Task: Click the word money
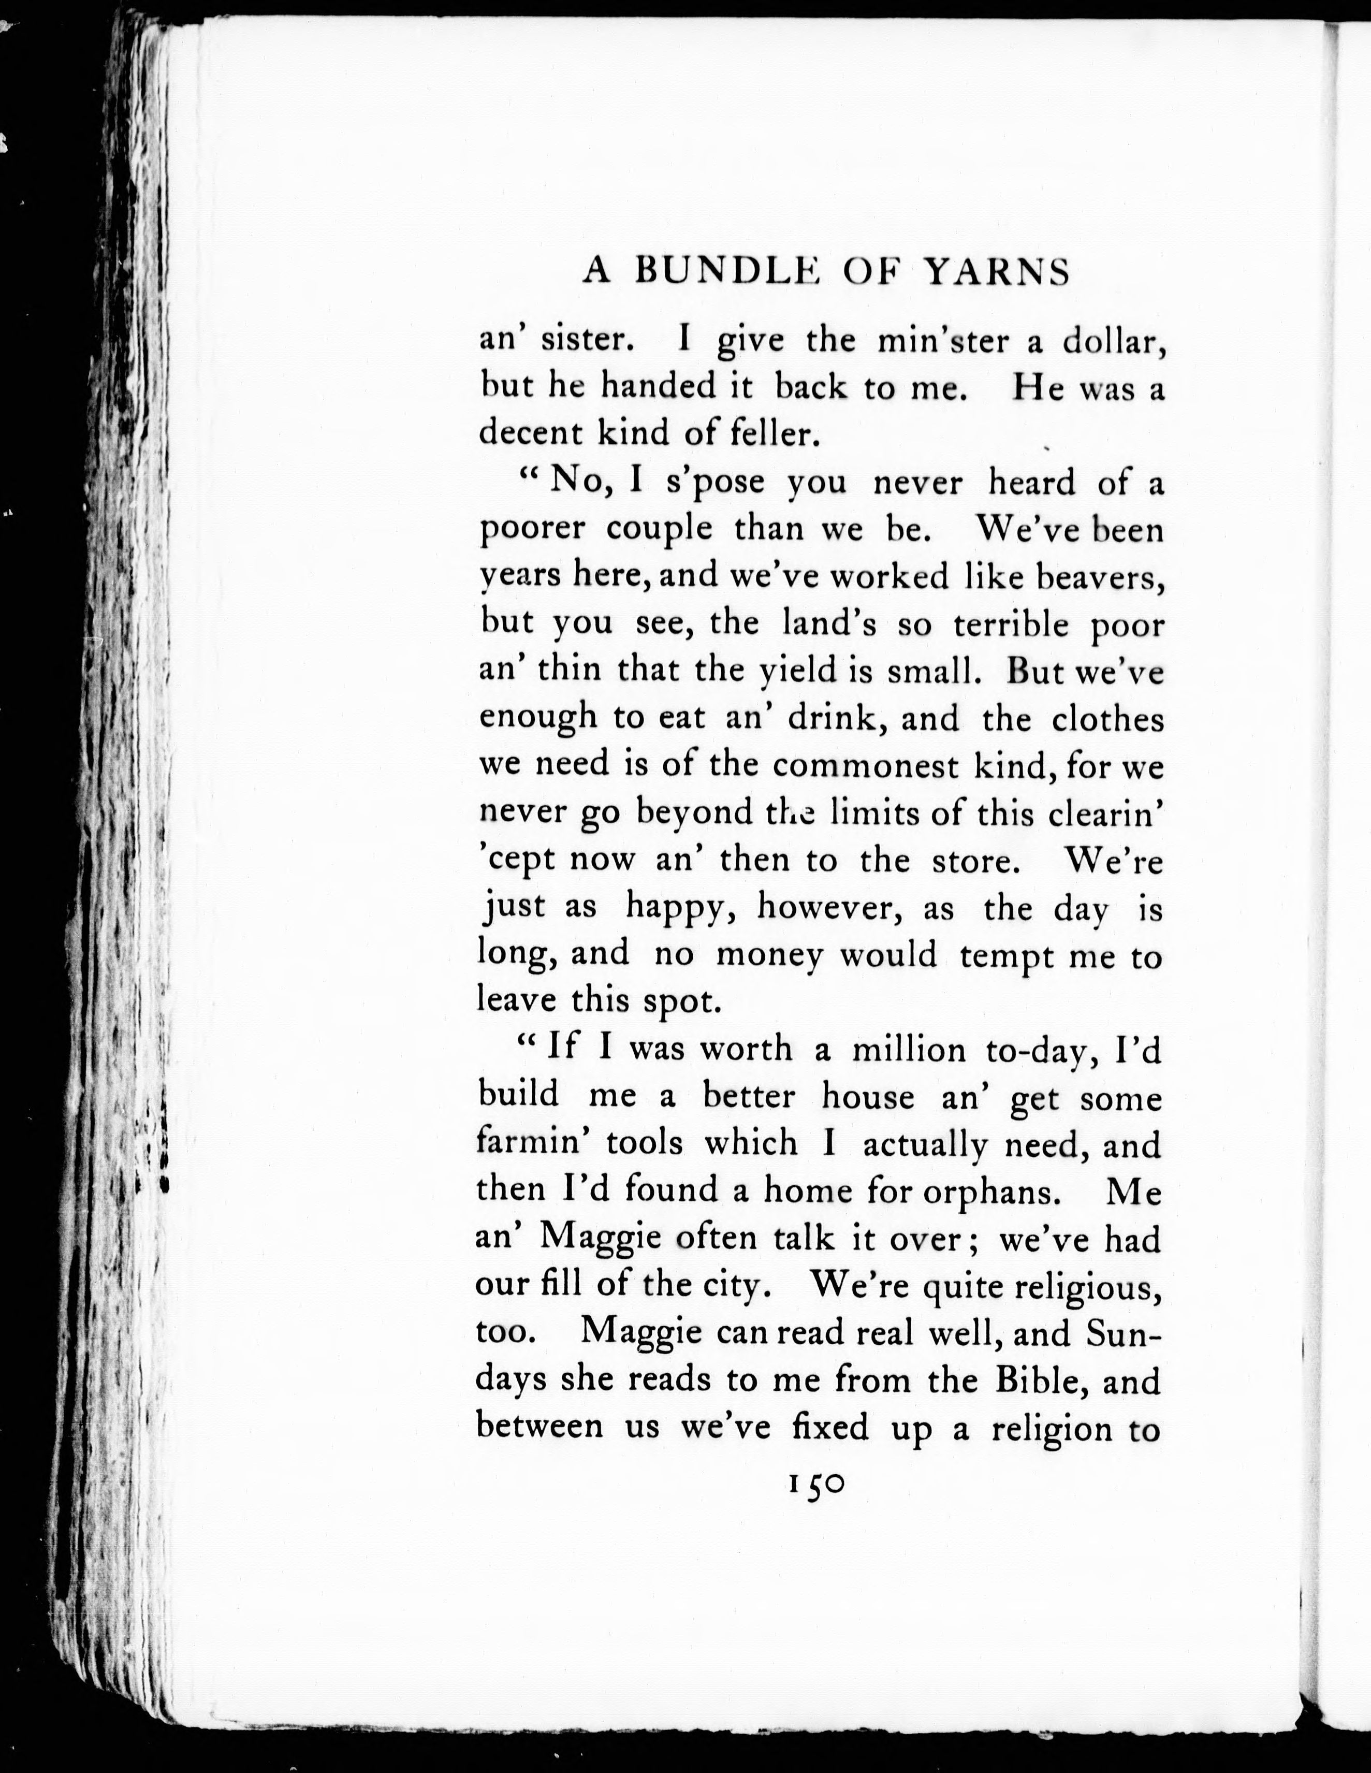coord(769,955)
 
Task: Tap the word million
coord(909,1050)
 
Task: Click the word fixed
coord(829,1427)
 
